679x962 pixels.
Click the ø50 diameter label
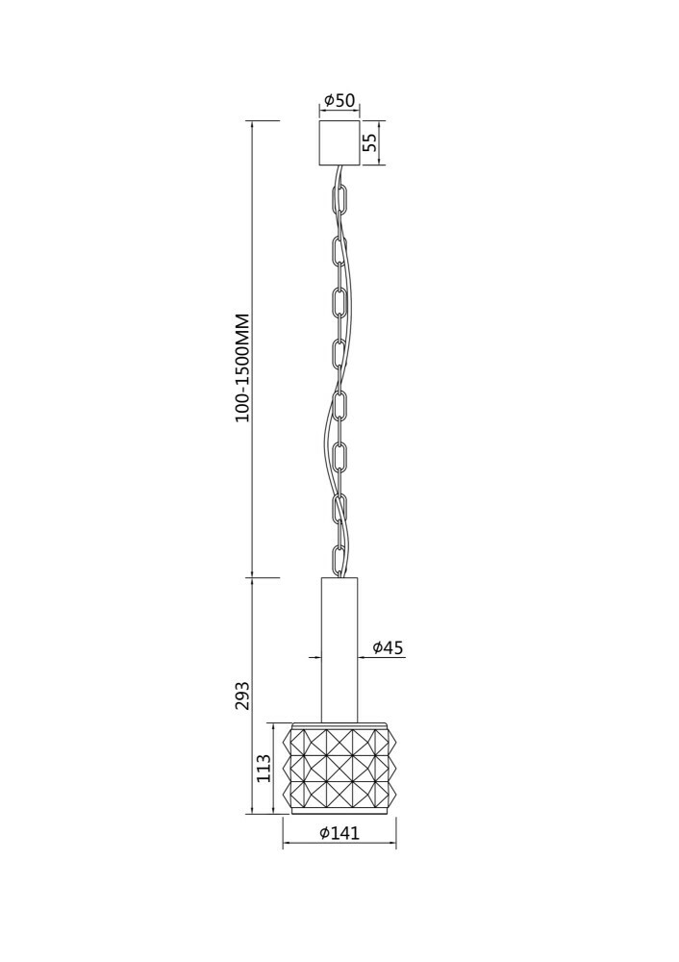[339, 100]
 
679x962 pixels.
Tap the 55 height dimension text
[370, 143]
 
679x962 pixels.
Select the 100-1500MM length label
[243, 367]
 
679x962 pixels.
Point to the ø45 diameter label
[389, 647]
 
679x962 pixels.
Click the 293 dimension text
[243, 696]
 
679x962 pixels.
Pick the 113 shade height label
[264, 767]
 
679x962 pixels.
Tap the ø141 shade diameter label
[339, 832]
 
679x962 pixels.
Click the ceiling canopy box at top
[339, 142]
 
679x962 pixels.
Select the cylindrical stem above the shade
[339, 649]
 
